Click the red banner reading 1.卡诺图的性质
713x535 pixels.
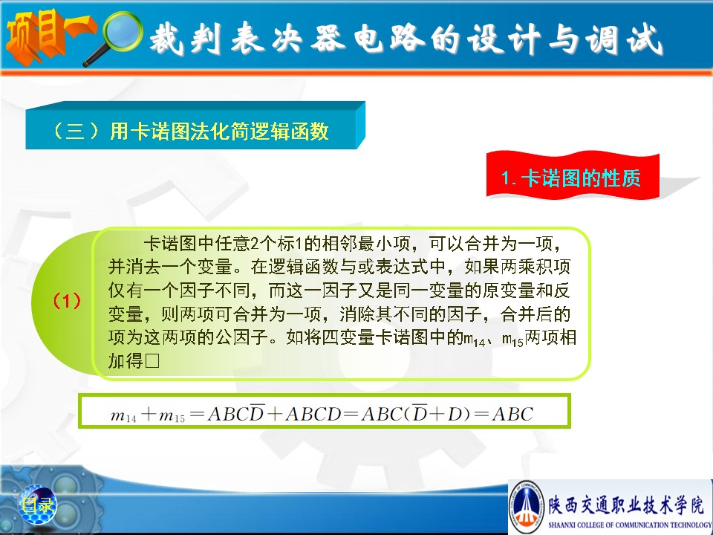[x=573, y=177]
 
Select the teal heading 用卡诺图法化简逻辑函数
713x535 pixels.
[x=218, y=132]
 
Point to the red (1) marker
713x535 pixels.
[x=67, y=301]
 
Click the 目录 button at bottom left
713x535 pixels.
[x=38, y=505]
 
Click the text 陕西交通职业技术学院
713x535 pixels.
[x=625, y=504]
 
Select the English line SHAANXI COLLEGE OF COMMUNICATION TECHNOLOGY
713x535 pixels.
[x=630, y=525]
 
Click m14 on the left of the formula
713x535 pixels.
[x=123, y=415]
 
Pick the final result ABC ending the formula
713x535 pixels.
[x=512, y=414]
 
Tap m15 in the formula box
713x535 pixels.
[x=172, y=415]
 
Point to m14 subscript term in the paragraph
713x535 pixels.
[x=475, y=339]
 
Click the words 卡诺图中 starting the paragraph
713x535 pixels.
[x=171, y=244]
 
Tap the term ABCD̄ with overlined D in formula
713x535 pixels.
[x=236, y=413]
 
